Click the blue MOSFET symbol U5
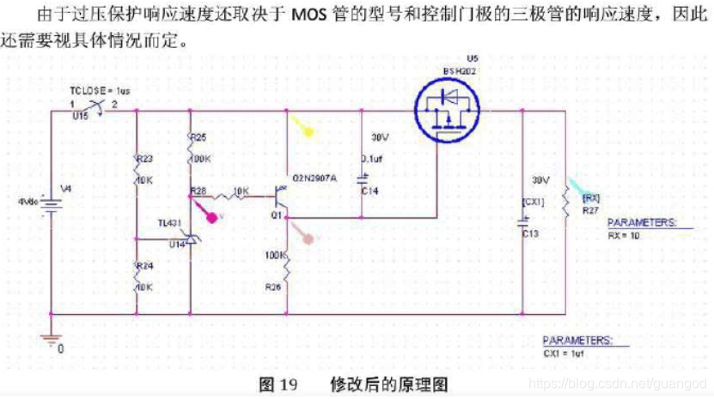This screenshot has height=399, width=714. pos(448,112)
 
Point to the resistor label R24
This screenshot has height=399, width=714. pos(143,266)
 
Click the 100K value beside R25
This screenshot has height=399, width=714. pos(201,159)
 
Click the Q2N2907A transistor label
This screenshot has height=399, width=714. pos(315,178)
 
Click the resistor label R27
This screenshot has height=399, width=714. pos(590,209)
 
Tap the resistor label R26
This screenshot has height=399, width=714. pos(273,286)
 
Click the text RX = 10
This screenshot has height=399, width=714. pos(625,234)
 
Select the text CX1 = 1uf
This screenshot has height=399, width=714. pos(564,352)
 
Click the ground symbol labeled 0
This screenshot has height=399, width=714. pos(59,348)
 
